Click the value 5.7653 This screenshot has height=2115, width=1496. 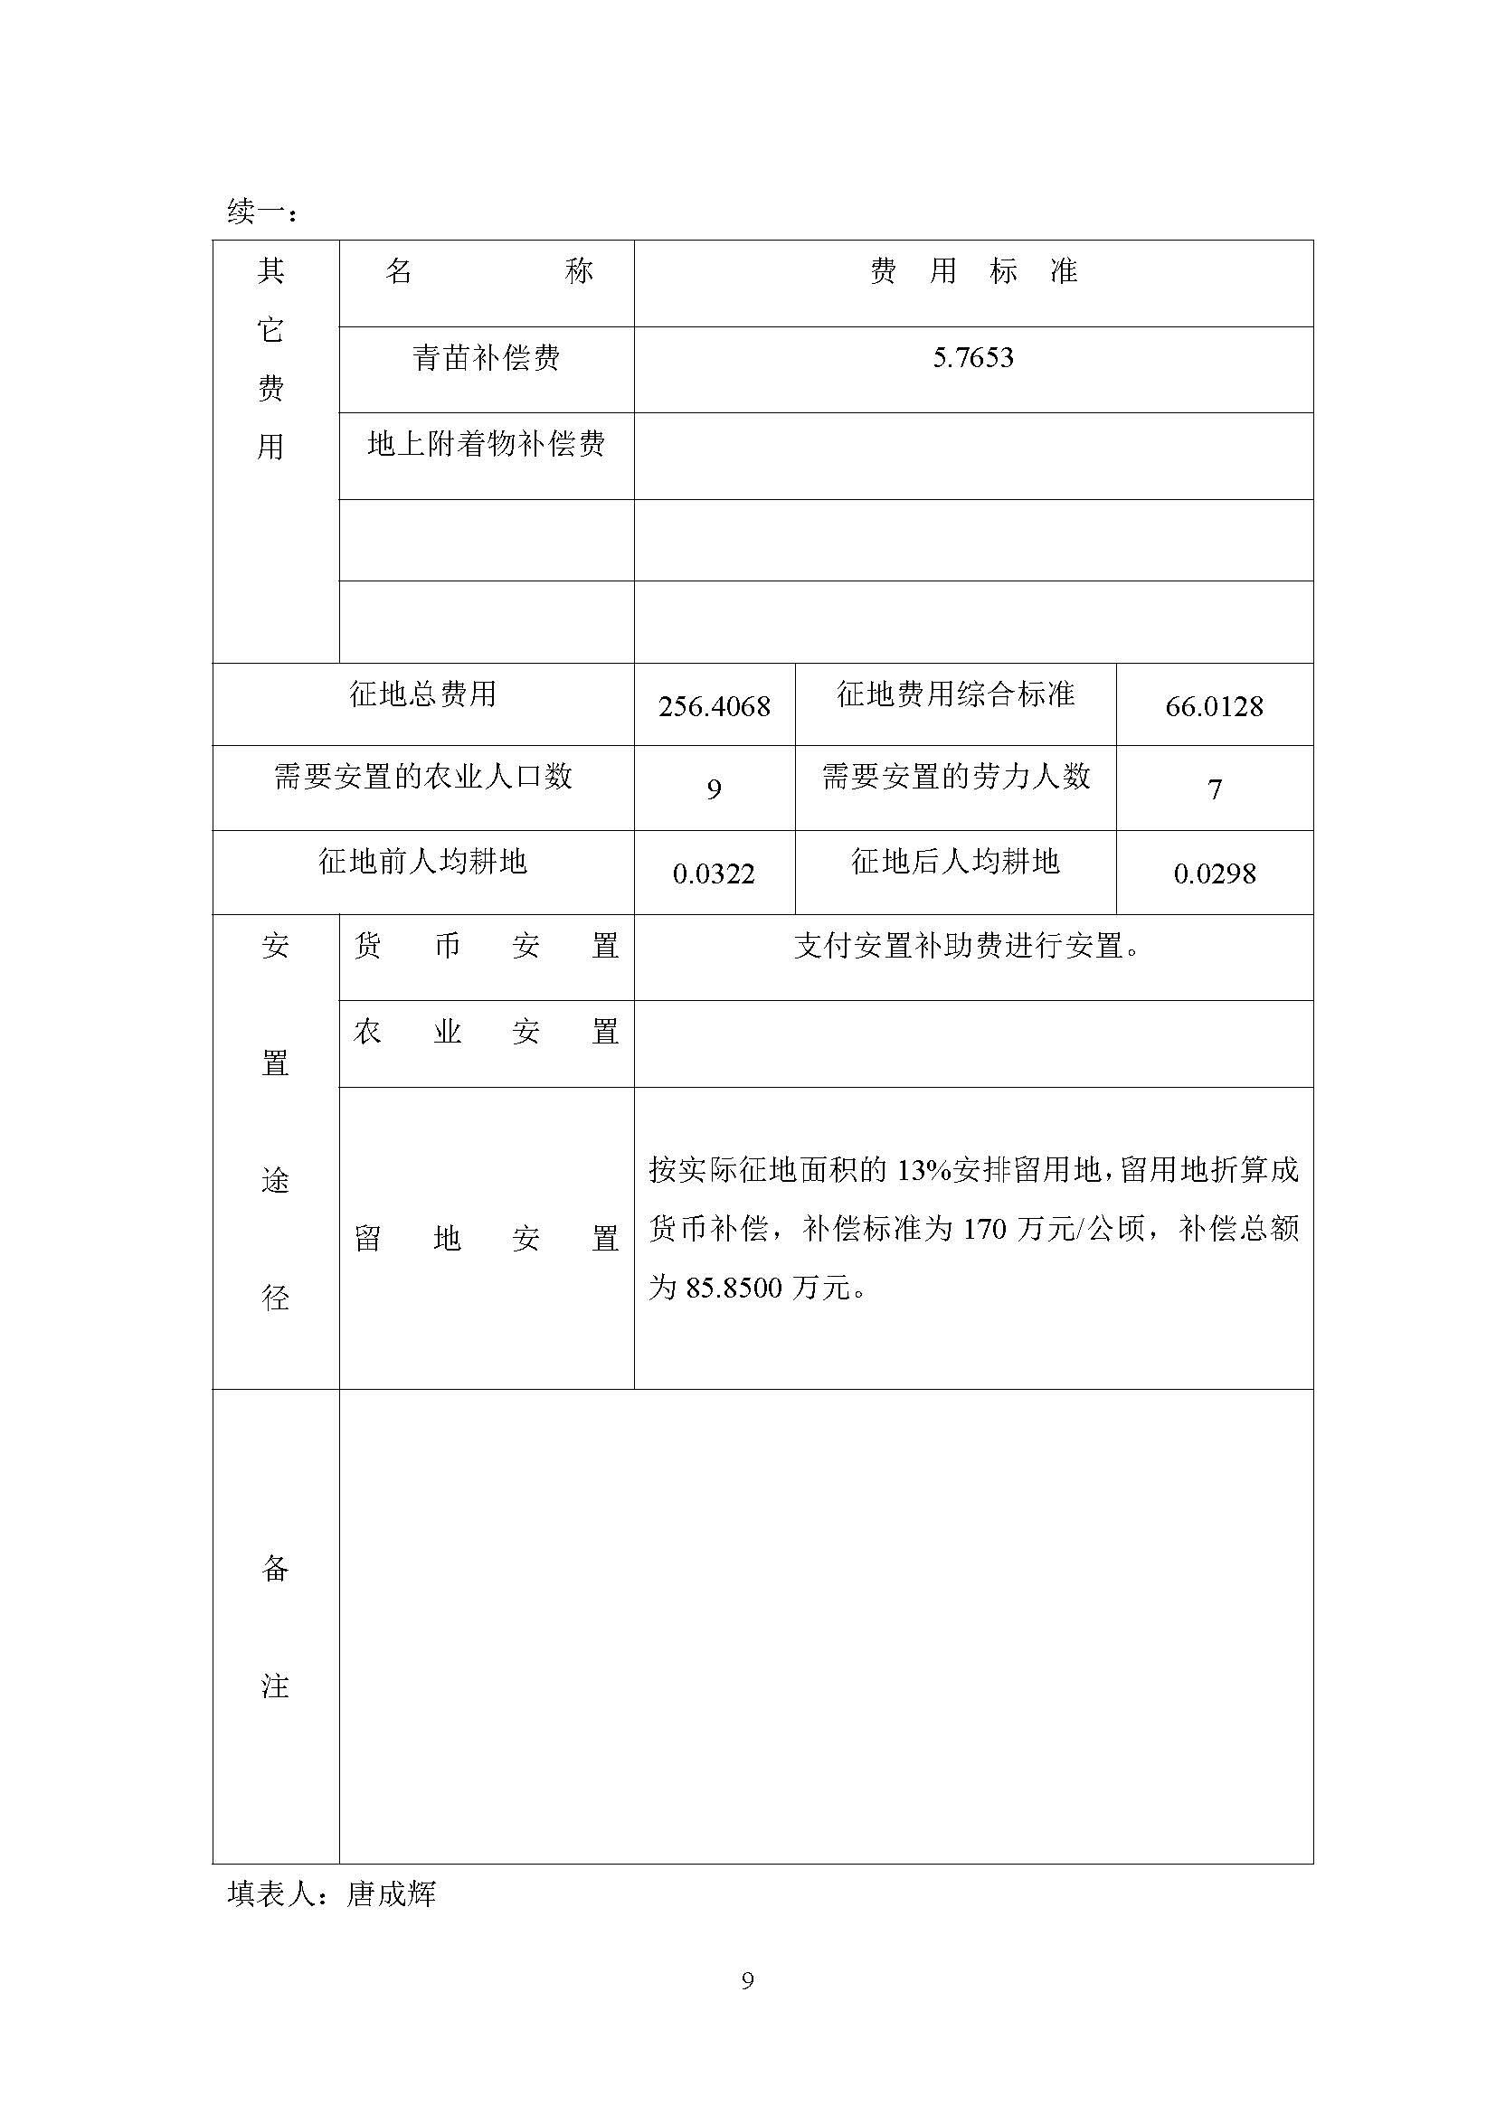point(973,357)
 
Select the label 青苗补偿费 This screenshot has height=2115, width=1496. point(486,358)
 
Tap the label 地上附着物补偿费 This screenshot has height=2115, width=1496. point(486,444)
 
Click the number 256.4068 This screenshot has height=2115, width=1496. point(714,706)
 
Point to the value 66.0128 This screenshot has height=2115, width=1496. point(1213,706)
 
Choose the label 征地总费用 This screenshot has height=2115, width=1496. point(422,694)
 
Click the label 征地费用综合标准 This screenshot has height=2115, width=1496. point(955,694)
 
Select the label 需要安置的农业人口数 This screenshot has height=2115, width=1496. point(422,777)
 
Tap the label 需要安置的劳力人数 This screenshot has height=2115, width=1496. point(955,777)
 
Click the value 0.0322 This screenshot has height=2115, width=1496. point(714,873)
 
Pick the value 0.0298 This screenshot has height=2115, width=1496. point(1213,873)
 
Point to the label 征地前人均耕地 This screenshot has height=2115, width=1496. point(422,862)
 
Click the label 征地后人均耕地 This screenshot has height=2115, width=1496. point(955,862)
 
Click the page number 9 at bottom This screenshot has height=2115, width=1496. point(747,1980)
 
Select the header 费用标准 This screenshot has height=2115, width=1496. point(973,271)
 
